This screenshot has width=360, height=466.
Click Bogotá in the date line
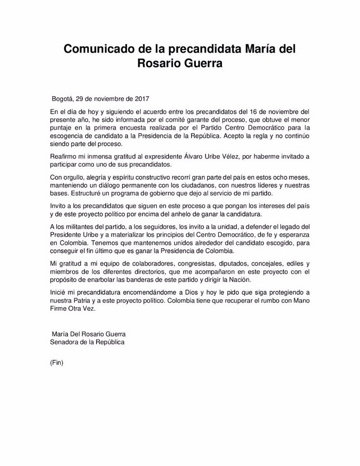click(63, 99)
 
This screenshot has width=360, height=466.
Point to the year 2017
click(141, 99)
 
